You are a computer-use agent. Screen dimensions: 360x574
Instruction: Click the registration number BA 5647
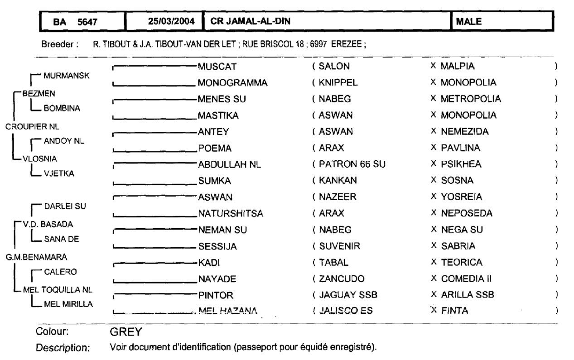click(75, 21)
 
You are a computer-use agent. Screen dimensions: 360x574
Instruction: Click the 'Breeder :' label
click(60, 45)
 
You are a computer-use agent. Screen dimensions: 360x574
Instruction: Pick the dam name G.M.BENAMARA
click(36, 257)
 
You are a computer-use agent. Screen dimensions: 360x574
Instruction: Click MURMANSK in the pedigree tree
click(66, 76)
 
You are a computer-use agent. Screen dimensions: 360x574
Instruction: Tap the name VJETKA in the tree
click(59, 173)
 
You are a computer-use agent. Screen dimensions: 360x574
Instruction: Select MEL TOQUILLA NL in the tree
click(58, 289)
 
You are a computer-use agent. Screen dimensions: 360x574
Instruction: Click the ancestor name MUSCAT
click(217, 67)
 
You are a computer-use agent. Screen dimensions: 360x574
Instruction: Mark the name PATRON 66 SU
click(352, 164)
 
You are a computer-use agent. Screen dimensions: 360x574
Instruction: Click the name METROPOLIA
click(471, 99)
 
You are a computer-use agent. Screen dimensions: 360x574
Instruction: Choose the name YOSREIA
click(462, 197)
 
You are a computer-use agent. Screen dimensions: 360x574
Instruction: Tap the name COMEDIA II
click(467, 278)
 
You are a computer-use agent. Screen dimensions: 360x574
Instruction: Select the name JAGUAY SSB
click(348, 295)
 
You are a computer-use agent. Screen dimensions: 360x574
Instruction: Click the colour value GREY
click(126, 332)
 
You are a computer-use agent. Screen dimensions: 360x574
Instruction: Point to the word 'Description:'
click(63, 348)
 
